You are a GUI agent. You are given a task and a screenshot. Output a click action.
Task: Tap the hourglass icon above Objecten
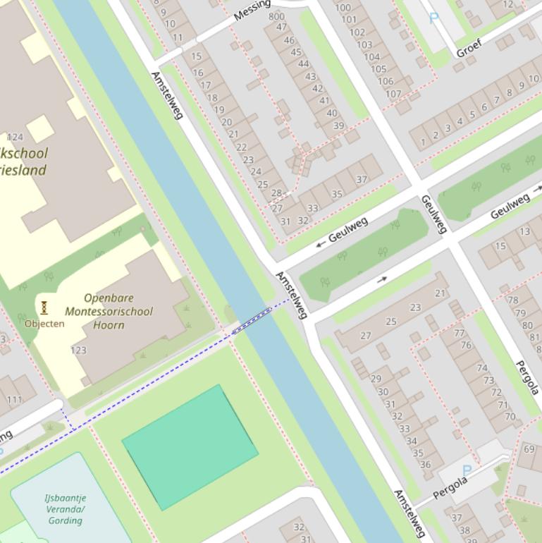(44, 307)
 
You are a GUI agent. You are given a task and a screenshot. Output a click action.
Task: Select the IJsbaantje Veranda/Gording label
(65, 508)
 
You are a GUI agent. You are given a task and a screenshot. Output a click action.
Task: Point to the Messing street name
(252, 9)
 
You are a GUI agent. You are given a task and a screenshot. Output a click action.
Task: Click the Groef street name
(472, 47)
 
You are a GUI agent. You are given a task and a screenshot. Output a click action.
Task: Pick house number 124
(15, 137)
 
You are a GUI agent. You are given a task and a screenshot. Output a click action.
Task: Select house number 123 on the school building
(78, 350)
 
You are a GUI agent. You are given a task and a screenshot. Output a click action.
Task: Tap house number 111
(14, 400)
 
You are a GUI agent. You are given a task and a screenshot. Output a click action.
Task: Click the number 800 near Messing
(277, 16)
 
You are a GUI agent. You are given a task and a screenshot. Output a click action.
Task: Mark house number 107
(393, 93)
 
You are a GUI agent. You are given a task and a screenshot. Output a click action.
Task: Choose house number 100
(343, 8)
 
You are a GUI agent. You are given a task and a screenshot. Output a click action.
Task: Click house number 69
(530, 449)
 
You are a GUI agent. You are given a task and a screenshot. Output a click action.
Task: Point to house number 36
(425, 465)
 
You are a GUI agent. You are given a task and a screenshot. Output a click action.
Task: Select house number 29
(376, 379)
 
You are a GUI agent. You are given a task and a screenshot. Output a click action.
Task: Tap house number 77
(460, 333)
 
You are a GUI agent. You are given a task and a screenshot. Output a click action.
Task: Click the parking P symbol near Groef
(433, 18)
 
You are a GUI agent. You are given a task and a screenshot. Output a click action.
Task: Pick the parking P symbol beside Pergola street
(466, 470)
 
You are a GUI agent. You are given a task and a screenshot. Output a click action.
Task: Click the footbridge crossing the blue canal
(251, 319)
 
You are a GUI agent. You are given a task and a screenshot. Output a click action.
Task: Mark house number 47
(281, 27)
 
